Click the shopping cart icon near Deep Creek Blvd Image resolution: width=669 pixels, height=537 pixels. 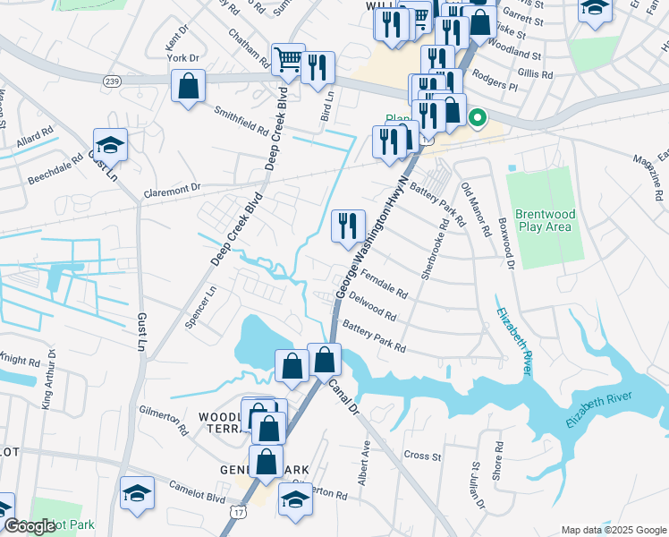pyautogui.click(x=288, y=61)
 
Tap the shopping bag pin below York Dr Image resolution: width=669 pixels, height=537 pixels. pyautogui.click(x=190, y=88)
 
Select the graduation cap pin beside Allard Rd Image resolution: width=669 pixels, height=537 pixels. pyautogui.click(x=110, y=145)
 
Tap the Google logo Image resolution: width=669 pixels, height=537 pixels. pyautogui.click(x=29, y=526)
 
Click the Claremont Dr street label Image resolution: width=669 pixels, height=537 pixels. pyautogui.click(x=174, y=192)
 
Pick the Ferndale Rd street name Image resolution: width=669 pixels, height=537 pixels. pyautogui.click(x=385, y=286)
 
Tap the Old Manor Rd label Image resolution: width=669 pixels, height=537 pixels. pyautogui.click(x=476, y=209)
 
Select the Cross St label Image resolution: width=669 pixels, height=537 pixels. pyautogui.click(x=423, y=456)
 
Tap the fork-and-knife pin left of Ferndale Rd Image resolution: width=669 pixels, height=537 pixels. pyautogui.click(x=348, y=226)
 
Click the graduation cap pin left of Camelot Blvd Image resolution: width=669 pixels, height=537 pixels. pyautogui.click(x=137, y=493)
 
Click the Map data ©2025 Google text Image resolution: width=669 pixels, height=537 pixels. pyautogui.click(x=613, y=529)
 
